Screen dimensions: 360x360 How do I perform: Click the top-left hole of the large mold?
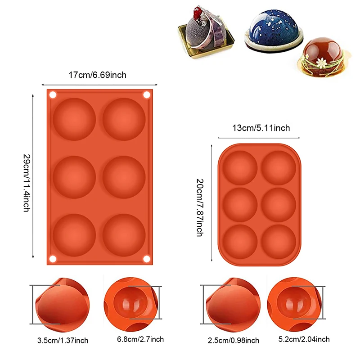52,95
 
